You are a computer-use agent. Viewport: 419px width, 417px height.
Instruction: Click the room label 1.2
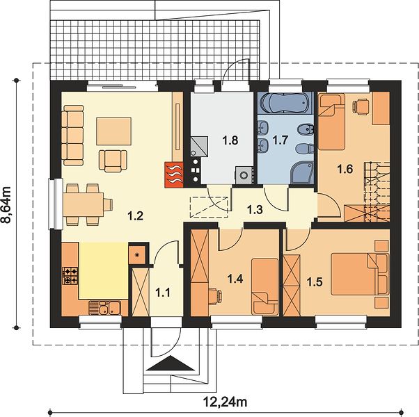click(x=136, y=216)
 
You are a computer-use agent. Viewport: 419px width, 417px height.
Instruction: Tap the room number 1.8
click(x=230, y=140)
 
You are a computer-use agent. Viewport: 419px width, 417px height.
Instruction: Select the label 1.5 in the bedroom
click(x=315, y=282)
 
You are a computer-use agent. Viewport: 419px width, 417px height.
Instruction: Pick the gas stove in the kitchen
click(x=70, y=276)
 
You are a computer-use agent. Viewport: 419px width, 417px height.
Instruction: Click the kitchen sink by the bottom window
click(x=104, y=308)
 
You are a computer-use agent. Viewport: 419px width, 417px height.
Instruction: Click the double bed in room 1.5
click(x=360, y=275)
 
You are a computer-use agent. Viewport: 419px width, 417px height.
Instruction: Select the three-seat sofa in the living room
click(x=72, y=136)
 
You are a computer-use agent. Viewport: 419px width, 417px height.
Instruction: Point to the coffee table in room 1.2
click(x=114, y=131)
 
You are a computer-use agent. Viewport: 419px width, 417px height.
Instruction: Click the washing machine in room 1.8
click(x=244, y=175)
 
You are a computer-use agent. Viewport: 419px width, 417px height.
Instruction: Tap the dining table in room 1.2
click(x=84, y=204)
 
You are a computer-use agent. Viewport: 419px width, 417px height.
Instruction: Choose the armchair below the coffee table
click(x=113, y=161)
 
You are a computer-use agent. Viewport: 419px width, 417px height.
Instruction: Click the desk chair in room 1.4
click(x=216, y=295)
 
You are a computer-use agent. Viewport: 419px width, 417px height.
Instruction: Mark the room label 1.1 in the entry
click(x=163, y=293)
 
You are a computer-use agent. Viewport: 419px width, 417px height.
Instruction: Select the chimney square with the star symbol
click(x=137, y=255)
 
